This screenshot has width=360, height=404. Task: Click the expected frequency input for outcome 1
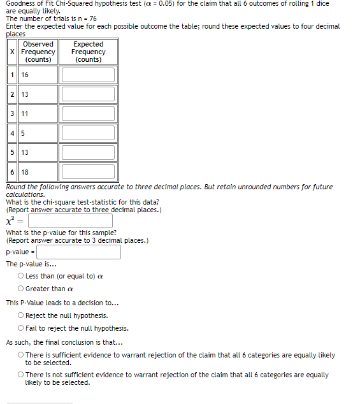(x=89, y=75)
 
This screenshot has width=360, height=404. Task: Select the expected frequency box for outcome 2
(x=89, y=94)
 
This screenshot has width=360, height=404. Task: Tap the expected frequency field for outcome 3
(x=89, y=113)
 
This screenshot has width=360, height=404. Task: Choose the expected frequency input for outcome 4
(x=89, y=133)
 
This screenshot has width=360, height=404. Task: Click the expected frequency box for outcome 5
(x=89, y=152)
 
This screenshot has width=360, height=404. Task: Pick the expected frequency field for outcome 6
(x=89, y=172)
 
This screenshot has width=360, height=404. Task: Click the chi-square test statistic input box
(x=70, y=221)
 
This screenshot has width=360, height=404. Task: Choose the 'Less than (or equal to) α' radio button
(x=21, y=277)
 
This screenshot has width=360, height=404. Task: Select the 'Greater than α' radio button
(x=21, y=289)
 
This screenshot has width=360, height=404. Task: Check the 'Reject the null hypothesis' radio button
(x=21, y=316)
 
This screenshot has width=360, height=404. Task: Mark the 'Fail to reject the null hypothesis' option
(x=21, y=329)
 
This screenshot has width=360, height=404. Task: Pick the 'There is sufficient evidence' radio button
(x=21, y=356)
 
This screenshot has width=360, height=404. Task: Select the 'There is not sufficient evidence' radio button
(x=21, y=375)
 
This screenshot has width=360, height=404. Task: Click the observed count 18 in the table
(x=25, y=172)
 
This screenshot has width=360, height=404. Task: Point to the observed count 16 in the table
(x=25, y=75)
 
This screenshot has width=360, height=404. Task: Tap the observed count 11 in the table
(x=25, y=113)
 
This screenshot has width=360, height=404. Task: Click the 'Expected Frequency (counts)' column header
(x=89, y=52)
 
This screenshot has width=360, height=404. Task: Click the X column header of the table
(x=13, y=52)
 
